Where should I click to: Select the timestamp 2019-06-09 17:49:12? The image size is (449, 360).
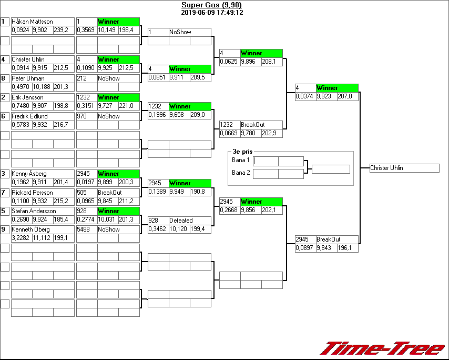coord(211,12)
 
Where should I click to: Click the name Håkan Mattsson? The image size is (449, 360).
coord(32,22)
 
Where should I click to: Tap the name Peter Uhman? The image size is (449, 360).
coord(28,78)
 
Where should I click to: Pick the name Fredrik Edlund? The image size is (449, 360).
coord(29,116)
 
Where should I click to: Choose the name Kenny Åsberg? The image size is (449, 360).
coord(29,174)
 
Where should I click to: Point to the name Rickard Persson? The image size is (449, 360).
coord(32,193)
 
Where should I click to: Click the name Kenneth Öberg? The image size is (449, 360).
coord(30,229)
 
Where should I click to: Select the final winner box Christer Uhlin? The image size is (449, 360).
coord(404,168)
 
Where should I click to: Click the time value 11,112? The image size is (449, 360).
coord(42,238)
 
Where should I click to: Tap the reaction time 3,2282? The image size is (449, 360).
coord(21,238)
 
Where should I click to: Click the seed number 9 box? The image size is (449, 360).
coord(4,229)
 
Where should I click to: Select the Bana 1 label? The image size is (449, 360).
coord(241,160)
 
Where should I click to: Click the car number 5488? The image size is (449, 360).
coord(86,229)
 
